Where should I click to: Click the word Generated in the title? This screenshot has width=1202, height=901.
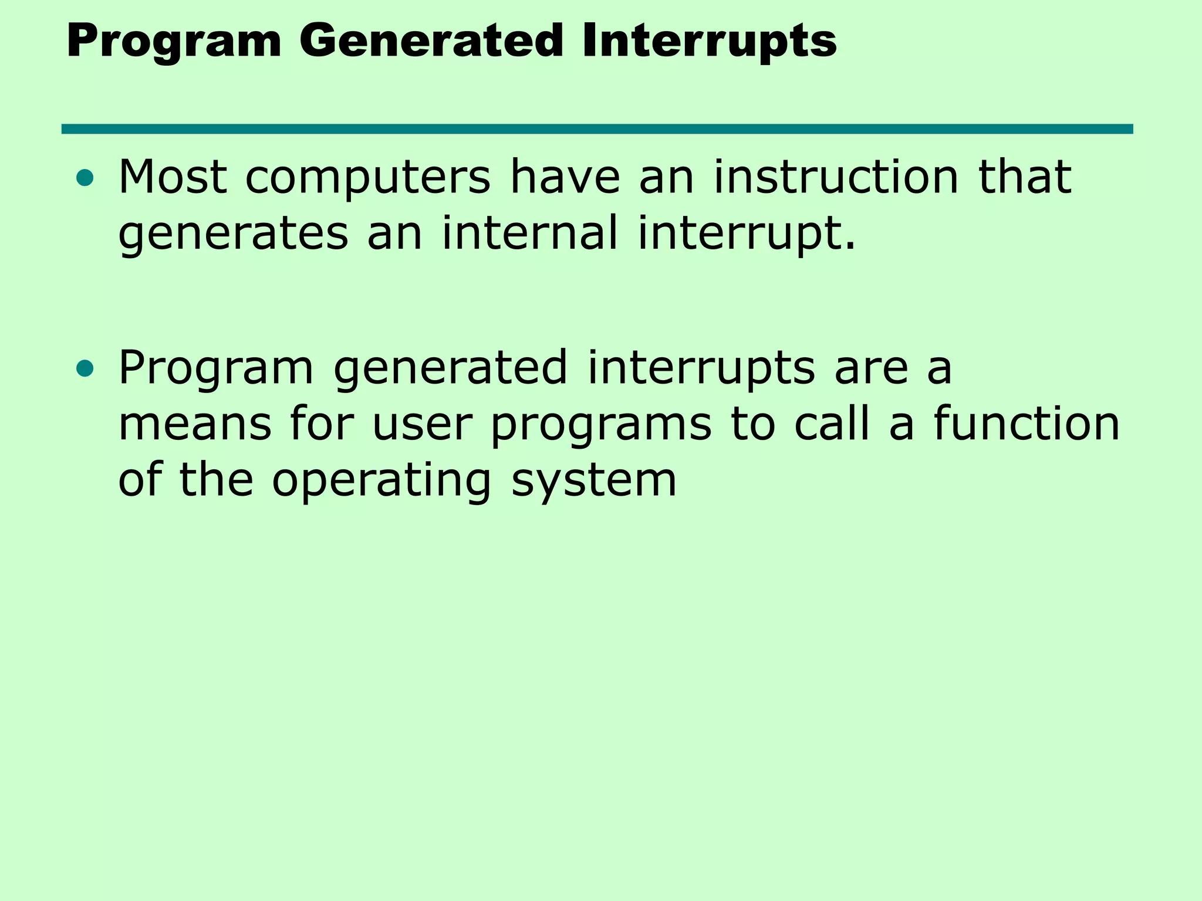(x=431, y=42)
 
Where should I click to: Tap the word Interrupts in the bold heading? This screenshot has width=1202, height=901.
(x=709, y=42)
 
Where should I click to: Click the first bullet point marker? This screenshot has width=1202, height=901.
(x=85, y=178)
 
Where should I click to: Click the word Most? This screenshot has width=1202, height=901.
(x=173, y=177)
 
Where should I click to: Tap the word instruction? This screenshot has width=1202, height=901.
(x=836, y=177)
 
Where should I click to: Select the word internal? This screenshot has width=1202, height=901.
(x=530, y=233)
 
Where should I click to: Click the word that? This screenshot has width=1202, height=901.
(x=1025, y=177)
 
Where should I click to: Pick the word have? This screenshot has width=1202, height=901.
(x=565, y=177)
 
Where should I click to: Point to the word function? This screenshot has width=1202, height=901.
(x=1027, y=424)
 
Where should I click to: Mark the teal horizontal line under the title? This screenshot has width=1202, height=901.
(x=597, y=129)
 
